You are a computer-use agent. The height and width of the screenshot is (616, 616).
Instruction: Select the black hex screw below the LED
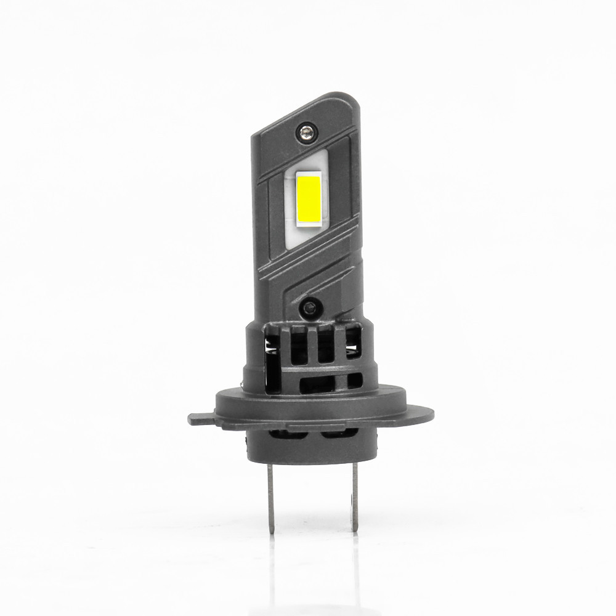[x=310, y=305]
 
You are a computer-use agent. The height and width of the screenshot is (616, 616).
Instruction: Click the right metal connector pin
[x=355, y=496]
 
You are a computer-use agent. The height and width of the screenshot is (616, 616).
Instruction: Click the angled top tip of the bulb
[x=345, y=99]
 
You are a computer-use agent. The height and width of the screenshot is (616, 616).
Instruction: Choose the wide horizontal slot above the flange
[x=317, y=386]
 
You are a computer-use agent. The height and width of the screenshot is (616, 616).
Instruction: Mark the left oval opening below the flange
[x=286, y=434]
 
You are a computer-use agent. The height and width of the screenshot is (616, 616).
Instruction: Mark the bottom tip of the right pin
[x=355, y=529]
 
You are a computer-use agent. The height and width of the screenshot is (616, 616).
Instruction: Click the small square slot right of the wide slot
[x=355, y=381]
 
